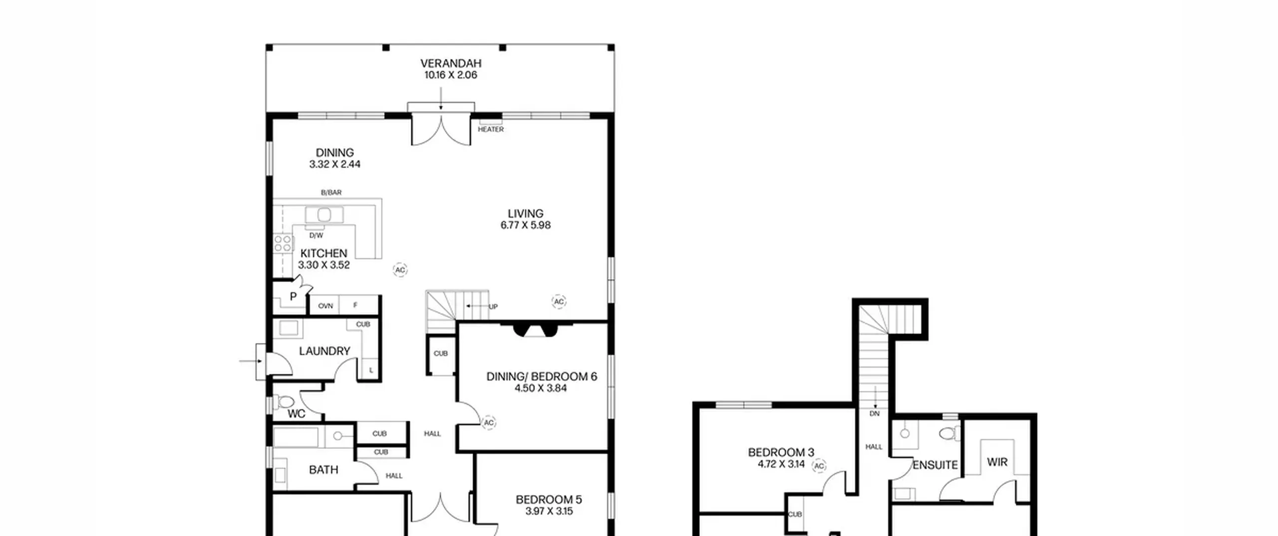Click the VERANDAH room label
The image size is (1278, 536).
point(451,63)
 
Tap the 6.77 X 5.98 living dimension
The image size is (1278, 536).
point(526,225)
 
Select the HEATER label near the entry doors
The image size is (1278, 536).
point(491,129)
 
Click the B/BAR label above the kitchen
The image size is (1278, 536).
point(331,192)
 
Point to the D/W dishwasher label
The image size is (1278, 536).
point(316,235)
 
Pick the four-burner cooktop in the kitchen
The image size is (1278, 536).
point(283,244)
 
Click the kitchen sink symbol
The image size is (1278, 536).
point(324,215)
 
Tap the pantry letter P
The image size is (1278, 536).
point(293,296)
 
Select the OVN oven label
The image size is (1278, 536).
point(325,306)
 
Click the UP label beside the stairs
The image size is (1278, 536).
point(493,307)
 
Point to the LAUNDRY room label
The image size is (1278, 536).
point(324,351)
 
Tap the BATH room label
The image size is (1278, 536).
point(323,470)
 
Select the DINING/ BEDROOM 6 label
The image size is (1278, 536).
point(542,376)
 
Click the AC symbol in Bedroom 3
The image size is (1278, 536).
point(819,466)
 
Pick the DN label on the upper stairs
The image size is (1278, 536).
point(875,413)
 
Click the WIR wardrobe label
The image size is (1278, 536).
point(997,462)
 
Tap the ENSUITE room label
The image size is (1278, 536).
point(935,465)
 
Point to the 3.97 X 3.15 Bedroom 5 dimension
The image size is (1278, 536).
point(549,511)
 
